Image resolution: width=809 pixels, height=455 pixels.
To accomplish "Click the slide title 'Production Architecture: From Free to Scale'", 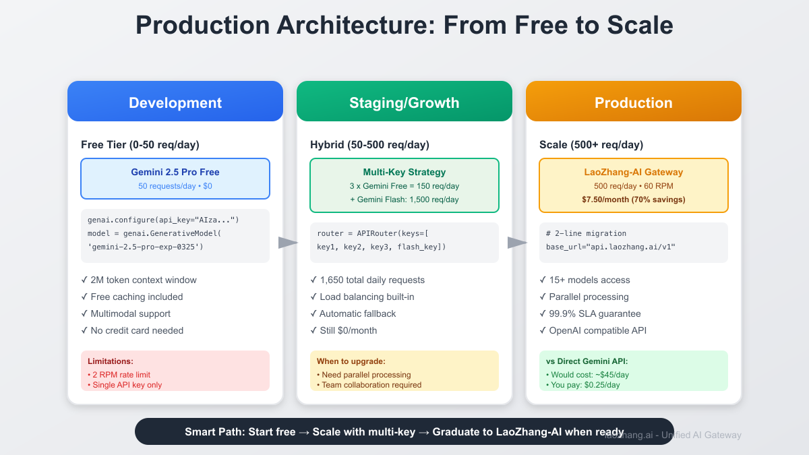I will coord(404,26).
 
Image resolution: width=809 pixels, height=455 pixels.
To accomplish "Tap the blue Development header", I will coord(175,102).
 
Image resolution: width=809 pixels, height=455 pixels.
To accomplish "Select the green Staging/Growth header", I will coord(404,102).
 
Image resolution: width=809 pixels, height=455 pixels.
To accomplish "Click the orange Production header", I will coord(634,102).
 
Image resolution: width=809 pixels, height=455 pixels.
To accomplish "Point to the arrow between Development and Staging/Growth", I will coord(289,243).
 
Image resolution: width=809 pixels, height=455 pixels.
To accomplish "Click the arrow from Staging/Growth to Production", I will coord(518,243).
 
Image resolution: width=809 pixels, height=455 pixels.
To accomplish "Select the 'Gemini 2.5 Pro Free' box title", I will coord(175,172).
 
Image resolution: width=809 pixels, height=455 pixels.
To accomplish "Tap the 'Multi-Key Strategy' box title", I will coord(404,172).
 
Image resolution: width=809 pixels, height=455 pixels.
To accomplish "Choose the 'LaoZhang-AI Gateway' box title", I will coord(634,172).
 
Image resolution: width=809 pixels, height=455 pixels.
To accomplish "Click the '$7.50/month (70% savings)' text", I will coord(634,200).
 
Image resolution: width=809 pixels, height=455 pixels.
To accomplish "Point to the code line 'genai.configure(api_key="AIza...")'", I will coord(163,220).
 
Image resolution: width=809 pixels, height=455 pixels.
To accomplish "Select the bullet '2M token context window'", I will coord(139,280).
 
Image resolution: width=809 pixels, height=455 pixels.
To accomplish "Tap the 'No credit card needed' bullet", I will coord(132,330).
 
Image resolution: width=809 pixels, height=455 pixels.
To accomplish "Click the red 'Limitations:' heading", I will coord(111,361).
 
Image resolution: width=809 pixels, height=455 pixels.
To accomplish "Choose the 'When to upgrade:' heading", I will coord(351,361).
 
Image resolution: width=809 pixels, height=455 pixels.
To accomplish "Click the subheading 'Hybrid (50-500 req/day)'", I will coord(369,145).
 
